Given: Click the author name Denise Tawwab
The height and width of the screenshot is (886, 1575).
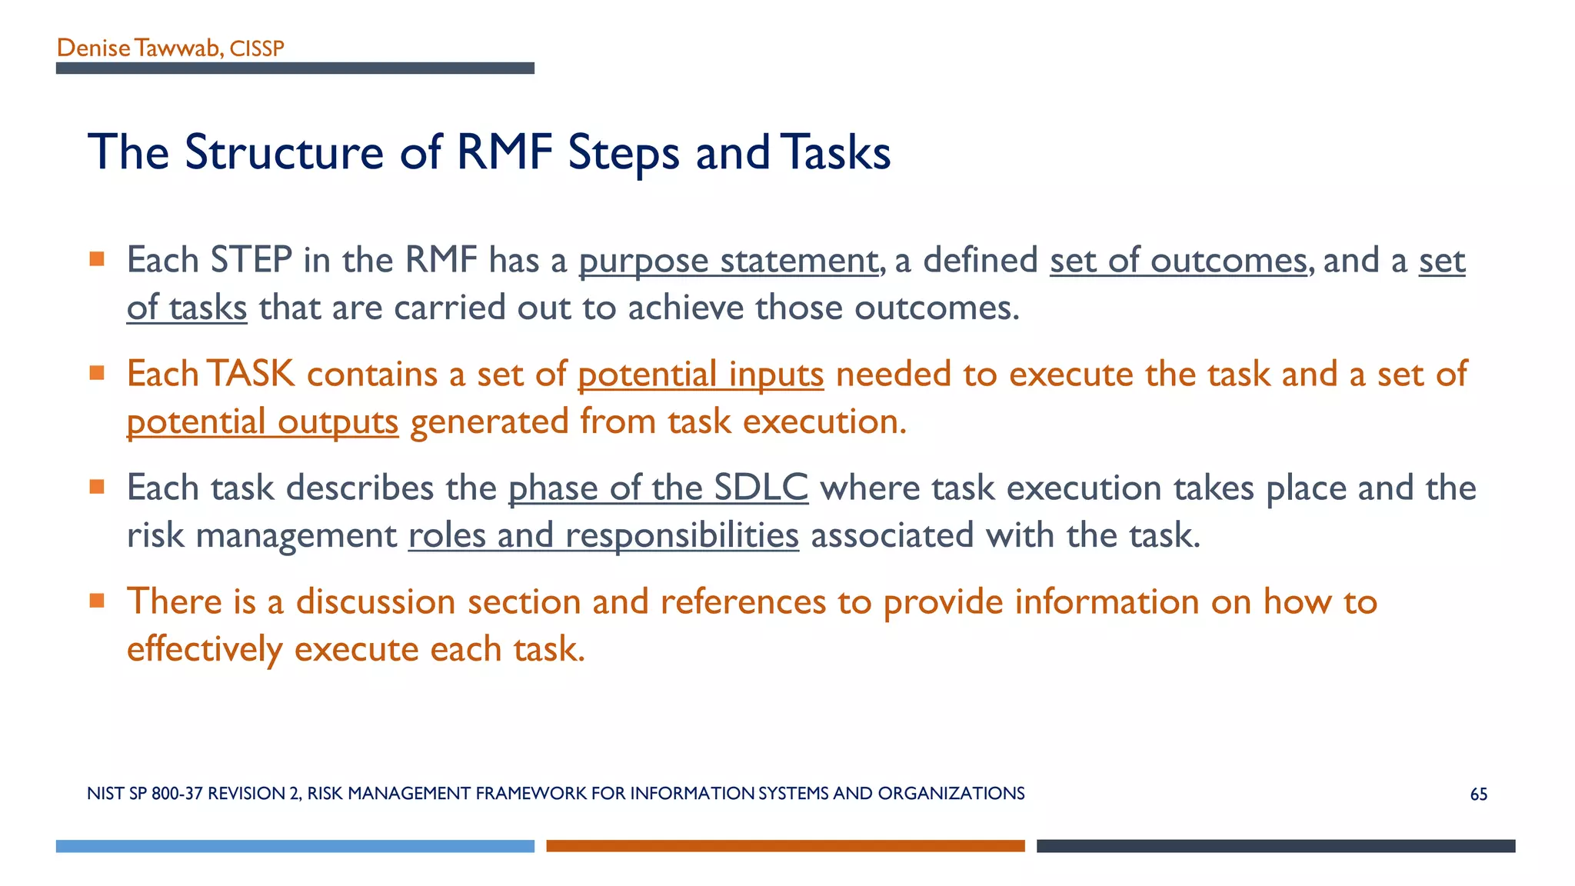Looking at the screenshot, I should [138, 48].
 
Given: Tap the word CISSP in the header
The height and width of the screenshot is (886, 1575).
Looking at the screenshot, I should [257, 48].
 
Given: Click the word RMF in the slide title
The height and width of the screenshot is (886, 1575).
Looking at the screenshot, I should [504, 152].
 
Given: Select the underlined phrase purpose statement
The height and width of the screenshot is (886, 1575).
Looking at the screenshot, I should [728, 261].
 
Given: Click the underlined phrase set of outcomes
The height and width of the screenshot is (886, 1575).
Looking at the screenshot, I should [1177, 261].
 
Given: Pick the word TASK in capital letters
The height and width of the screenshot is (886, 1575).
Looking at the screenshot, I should [251, 375].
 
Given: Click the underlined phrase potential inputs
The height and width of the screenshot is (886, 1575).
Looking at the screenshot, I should [700, 375].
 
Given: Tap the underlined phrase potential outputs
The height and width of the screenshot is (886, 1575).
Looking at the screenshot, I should [262, 422].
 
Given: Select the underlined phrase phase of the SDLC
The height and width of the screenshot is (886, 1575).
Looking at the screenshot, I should [658, 488].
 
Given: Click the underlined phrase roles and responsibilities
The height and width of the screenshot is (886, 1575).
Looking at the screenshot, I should [603, 536].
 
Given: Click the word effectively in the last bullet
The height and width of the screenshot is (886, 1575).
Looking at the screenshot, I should [205, 650].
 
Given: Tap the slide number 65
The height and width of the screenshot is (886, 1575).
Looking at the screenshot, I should [1478, 794].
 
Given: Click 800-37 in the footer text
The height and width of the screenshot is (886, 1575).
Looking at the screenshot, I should [177, 794].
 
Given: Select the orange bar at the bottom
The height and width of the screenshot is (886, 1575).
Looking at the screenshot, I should [785, 846].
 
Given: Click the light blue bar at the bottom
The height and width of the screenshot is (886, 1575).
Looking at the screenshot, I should [295, 846].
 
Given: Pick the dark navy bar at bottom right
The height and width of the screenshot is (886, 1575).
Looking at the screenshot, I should [1275, 846].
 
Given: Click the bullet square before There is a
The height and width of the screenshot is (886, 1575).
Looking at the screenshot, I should [97, 601].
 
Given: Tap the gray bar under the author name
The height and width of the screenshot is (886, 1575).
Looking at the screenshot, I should [295, 68].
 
